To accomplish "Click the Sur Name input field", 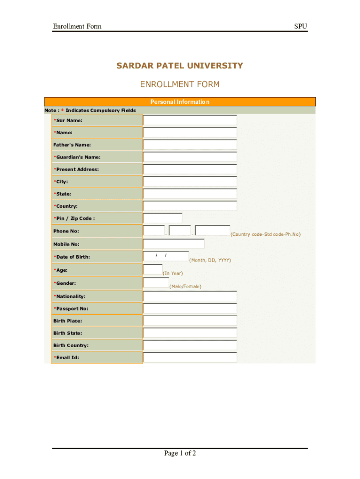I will pyautogui.click(x=190, y=120).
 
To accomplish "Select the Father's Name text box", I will pyautogui.click(x=190, y=145).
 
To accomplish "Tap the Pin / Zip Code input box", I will pyautogui.click(x=162, y=218).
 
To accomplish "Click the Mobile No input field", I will pyautogui.click(x=173, y=244).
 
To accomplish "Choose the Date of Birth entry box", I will pyautogui.click(x=166, y=256).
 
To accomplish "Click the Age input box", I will pyautogui.click(x=152, y=269).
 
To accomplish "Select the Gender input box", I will pyautogui.click(x=156, y=282).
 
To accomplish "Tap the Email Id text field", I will pyautogui.click(x=190, y=357).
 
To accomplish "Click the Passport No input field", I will pyautogui.click(x=190, y=308).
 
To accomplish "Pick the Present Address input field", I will pyautogui.click(x=190, y=169).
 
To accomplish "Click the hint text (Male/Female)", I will pyautogui.click(x=185, y=286).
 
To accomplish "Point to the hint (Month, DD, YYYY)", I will pyautogui.click(x=210, y=260).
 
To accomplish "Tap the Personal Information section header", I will pyautogui.click(x=180, y=102).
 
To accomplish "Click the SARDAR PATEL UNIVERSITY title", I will pyautogui.click(x=180, y=65).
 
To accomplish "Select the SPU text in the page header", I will pyautogui.click(x=301, y=26).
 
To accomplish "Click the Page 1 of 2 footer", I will pyautogui.click(x=180, y=453).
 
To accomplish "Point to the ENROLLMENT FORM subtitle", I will pyautogui.click(x=180, y=85).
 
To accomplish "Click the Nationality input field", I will pyautogui.click(x=190, y=296).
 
